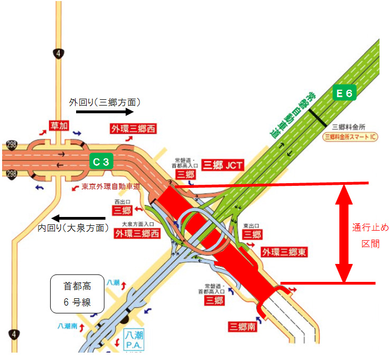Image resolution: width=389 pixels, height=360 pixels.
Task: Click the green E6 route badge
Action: coord(345,93)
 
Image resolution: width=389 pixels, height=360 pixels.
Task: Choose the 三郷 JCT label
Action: coord(222,165)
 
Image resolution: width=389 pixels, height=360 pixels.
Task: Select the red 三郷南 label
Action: coord(243,327)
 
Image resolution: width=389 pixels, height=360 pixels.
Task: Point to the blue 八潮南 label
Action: coord(68,326)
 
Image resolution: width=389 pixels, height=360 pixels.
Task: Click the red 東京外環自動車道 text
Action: coord(110,186)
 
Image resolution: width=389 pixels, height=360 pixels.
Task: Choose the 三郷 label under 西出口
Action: coord(122,211)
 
